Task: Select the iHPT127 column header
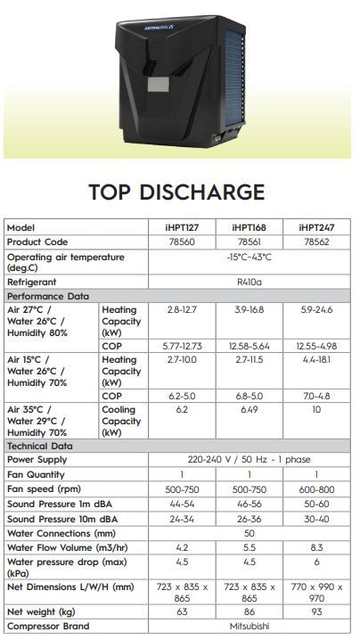183,227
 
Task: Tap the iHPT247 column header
315,227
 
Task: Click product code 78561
249,242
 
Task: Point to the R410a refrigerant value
249,281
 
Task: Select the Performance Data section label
48,295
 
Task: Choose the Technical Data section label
41,445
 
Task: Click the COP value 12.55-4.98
315,345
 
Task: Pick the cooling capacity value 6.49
249,410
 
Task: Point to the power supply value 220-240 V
249,460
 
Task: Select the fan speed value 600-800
315,489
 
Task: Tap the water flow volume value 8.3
315,547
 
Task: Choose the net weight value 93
315,612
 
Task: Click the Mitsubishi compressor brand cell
249,627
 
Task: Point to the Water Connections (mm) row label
62,533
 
